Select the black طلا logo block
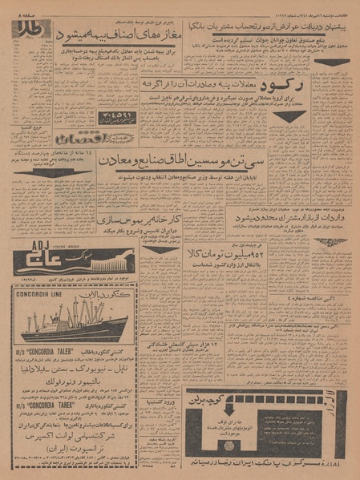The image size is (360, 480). tap(30, 31)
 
